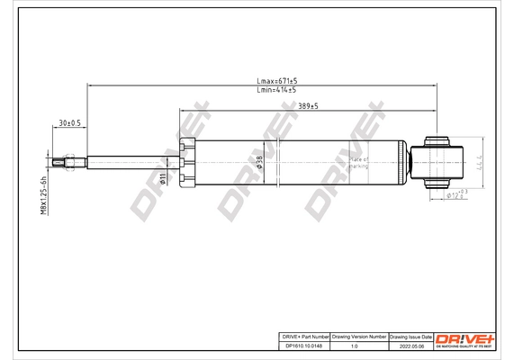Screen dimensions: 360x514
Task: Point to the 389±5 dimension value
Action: pos(306,106)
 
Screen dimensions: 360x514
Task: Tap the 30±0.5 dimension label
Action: pos(69,122)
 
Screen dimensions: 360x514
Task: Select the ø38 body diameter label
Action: pos(260,163)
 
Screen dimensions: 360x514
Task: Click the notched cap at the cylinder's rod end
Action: pos(187,163)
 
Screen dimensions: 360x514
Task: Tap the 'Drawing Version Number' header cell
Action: pos(360,335)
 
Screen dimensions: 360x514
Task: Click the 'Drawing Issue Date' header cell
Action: pos(410,335)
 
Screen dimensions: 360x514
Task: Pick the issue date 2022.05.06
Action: pos(410,345)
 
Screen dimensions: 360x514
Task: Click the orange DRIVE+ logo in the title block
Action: pos(464,337)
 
